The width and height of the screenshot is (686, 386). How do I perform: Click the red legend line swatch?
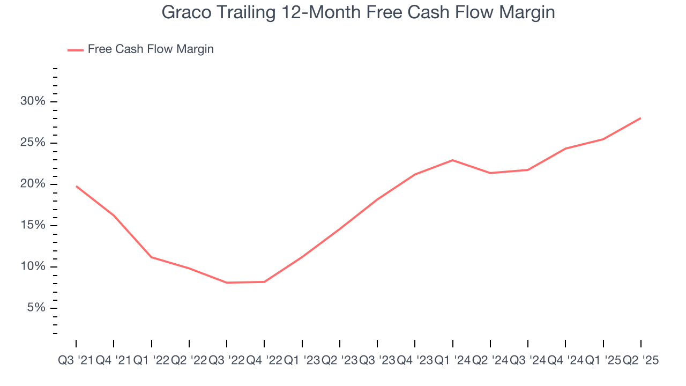pos(75,50)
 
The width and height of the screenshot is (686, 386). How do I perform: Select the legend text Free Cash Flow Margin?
pos(151,49)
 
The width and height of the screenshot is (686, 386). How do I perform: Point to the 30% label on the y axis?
pos(34,102)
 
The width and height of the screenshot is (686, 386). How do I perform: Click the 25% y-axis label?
pos(34,143)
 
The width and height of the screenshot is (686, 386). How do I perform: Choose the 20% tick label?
pos(34,184)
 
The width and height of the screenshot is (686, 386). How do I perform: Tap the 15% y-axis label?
pos(34,226)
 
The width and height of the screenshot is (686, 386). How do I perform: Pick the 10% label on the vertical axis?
pos(34,267)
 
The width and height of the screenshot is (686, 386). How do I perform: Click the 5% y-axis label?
pos(36,308)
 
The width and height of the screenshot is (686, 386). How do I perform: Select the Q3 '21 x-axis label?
pos(76,361)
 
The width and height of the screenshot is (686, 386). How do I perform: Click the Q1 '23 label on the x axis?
pos(302,361)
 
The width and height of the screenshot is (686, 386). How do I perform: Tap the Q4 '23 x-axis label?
pos(415,361)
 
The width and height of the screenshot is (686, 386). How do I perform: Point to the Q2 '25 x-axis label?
pos(641,361)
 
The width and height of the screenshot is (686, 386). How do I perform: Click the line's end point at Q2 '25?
pos(641,118)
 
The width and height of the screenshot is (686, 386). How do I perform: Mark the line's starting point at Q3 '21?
pos(76,186)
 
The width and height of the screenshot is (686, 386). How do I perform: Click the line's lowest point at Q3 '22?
pos(227,283)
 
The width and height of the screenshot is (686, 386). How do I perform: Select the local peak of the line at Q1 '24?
pos(453,160)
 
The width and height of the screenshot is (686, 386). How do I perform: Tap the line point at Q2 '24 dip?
pos(490,173)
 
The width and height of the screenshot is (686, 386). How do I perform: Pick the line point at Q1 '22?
pos(152,257)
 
